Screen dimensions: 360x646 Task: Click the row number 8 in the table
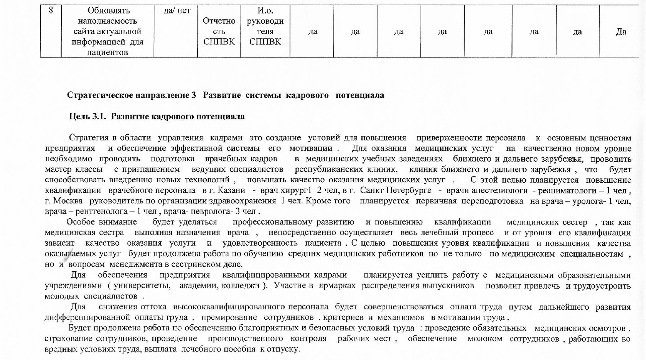(x=51, y=10)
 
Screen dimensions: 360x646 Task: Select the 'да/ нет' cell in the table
(x=177, y=11)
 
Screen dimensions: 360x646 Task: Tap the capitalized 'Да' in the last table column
(x=621, y=31)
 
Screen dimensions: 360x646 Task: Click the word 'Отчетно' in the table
(x=219, y=21)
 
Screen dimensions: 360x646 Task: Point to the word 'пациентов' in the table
(x=107, y=52)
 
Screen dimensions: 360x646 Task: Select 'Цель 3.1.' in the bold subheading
(x=87, y=116)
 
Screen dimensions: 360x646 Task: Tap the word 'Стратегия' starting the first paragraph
(x=88, y=138)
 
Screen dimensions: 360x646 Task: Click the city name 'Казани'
(x=232, y=190)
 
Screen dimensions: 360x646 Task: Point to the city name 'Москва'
(x=68, y=201)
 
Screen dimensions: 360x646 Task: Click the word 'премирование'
(x=229, y=317)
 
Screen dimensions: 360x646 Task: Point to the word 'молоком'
(x=485, y=339)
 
